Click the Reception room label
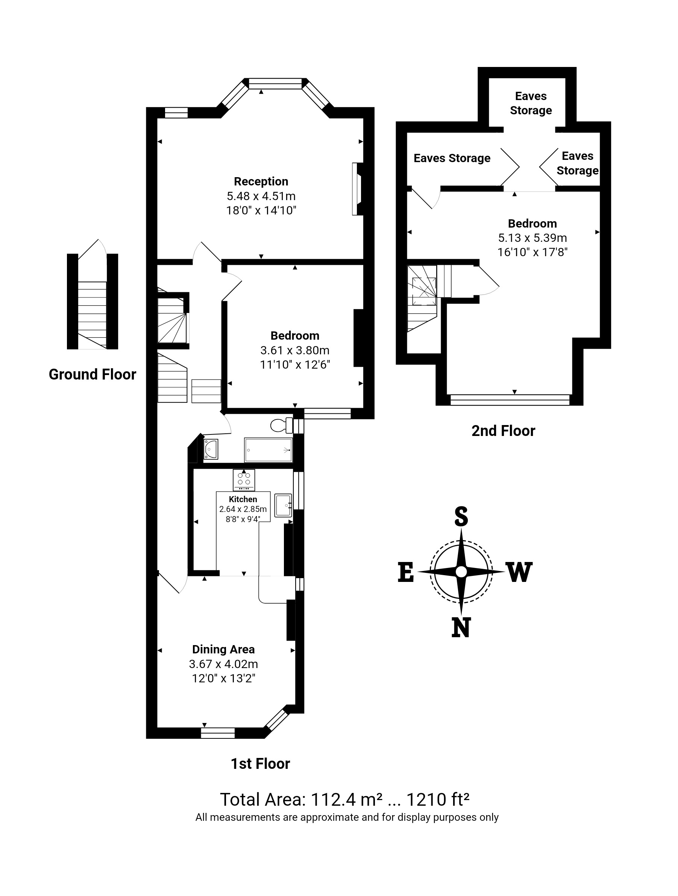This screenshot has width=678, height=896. [x=261, y=181]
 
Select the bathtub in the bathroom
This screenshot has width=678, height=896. [x=268, y=450]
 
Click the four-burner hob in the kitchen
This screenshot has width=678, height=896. [x=244, y=480]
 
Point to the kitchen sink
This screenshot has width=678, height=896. [x=283, y=505]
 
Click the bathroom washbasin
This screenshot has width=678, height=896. [x=211, y=449]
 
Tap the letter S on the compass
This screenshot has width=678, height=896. [x=461, y=517]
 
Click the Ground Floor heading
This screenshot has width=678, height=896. [x=93, y=374]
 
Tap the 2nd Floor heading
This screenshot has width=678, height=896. [x=503, y=431]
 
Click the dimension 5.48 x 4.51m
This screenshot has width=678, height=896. [x=261, y=196]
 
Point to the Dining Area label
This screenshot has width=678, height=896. [x=223, y=649]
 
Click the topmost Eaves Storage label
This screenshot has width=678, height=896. [x=531, y=103]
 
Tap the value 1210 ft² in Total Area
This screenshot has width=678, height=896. [x=437, y=799]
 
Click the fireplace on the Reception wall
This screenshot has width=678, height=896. [x=357, y=189]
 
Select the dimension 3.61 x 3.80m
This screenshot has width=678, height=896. [x=294, y=350]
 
